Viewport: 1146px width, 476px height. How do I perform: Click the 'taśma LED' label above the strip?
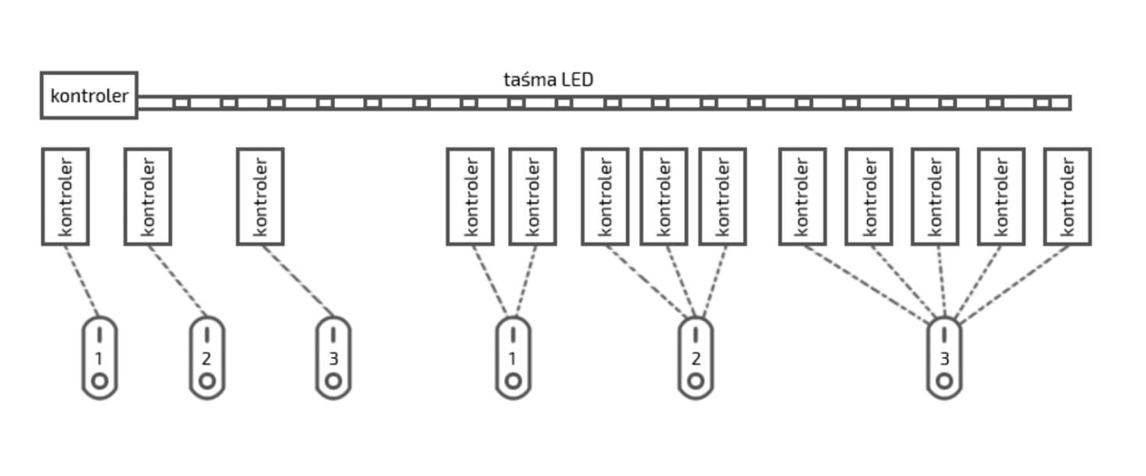(548, 79)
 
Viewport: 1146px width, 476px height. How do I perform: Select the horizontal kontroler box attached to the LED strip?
(89, 96)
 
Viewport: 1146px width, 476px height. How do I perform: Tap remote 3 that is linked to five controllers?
(944, 358)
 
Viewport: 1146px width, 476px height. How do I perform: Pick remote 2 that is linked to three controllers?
(696, 358)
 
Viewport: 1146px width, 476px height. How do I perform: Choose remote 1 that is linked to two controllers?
(513, 358)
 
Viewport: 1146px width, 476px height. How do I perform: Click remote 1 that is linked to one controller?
(100, 358)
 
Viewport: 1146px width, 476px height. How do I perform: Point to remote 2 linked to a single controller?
(206, 358)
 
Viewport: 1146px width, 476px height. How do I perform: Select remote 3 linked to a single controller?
(333, 358)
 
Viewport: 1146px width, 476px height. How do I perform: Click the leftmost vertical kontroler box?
(65, 196)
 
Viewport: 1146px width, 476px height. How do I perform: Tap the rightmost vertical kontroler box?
(1067, 196)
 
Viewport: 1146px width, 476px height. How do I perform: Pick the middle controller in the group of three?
(664, 196)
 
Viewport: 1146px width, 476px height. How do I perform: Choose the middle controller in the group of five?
(935, 196)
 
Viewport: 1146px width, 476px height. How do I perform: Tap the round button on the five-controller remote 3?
(944, 381)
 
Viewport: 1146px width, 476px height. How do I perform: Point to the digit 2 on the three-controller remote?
(696, 359)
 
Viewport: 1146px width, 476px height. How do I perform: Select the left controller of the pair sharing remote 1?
(470, 196)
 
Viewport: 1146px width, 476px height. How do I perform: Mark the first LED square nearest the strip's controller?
(182, 103)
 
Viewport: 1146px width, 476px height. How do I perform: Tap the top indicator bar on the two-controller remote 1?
(513, 335)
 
